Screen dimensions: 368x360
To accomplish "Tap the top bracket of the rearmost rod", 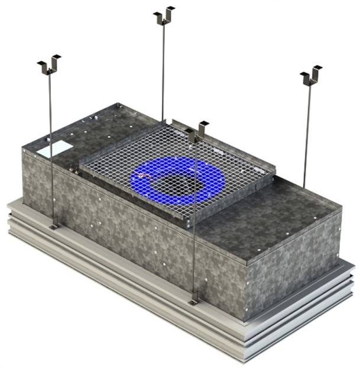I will [164, 16].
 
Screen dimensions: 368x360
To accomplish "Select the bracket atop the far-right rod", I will [311, 75].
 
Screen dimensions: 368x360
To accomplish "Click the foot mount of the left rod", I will [54, 225].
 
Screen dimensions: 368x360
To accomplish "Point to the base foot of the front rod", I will [193, 301].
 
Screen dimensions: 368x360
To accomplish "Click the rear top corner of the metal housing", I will [119, 106].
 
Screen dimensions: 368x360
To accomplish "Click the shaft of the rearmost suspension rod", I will [163, 71].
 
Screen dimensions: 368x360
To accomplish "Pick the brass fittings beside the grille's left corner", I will [75, 170].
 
